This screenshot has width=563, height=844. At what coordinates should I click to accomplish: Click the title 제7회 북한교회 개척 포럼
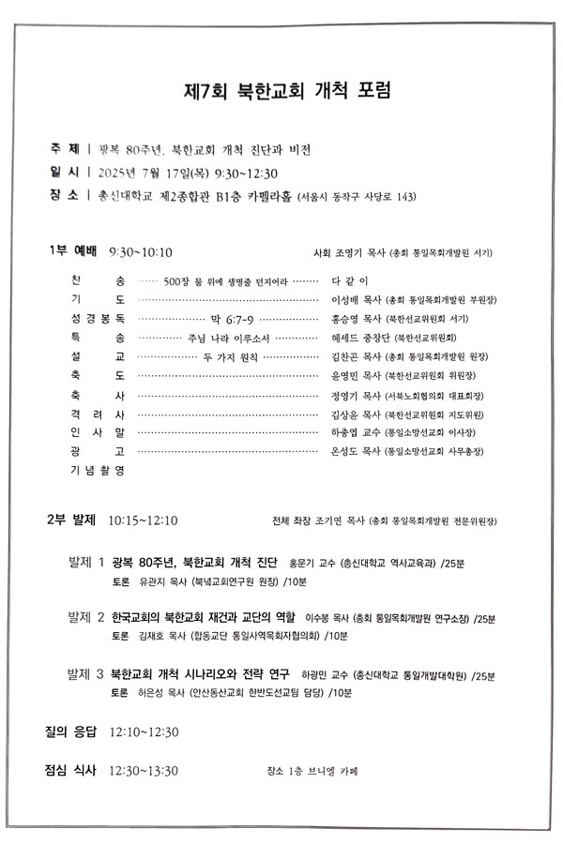point(286,92)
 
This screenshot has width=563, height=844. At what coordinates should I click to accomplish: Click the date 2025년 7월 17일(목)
point(151,173)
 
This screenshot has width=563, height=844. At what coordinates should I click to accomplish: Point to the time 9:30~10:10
point(141,252)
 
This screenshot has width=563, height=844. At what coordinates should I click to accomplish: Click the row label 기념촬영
point(98,470)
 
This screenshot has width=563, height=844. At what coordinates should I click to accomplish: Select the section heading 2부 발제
point(72,520)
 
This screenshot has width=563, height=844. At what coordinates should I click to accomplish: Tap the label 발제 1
point(86,563)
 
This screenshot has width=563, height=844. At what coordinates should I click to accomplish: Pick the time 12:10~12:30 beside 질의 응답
point(145,731)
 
